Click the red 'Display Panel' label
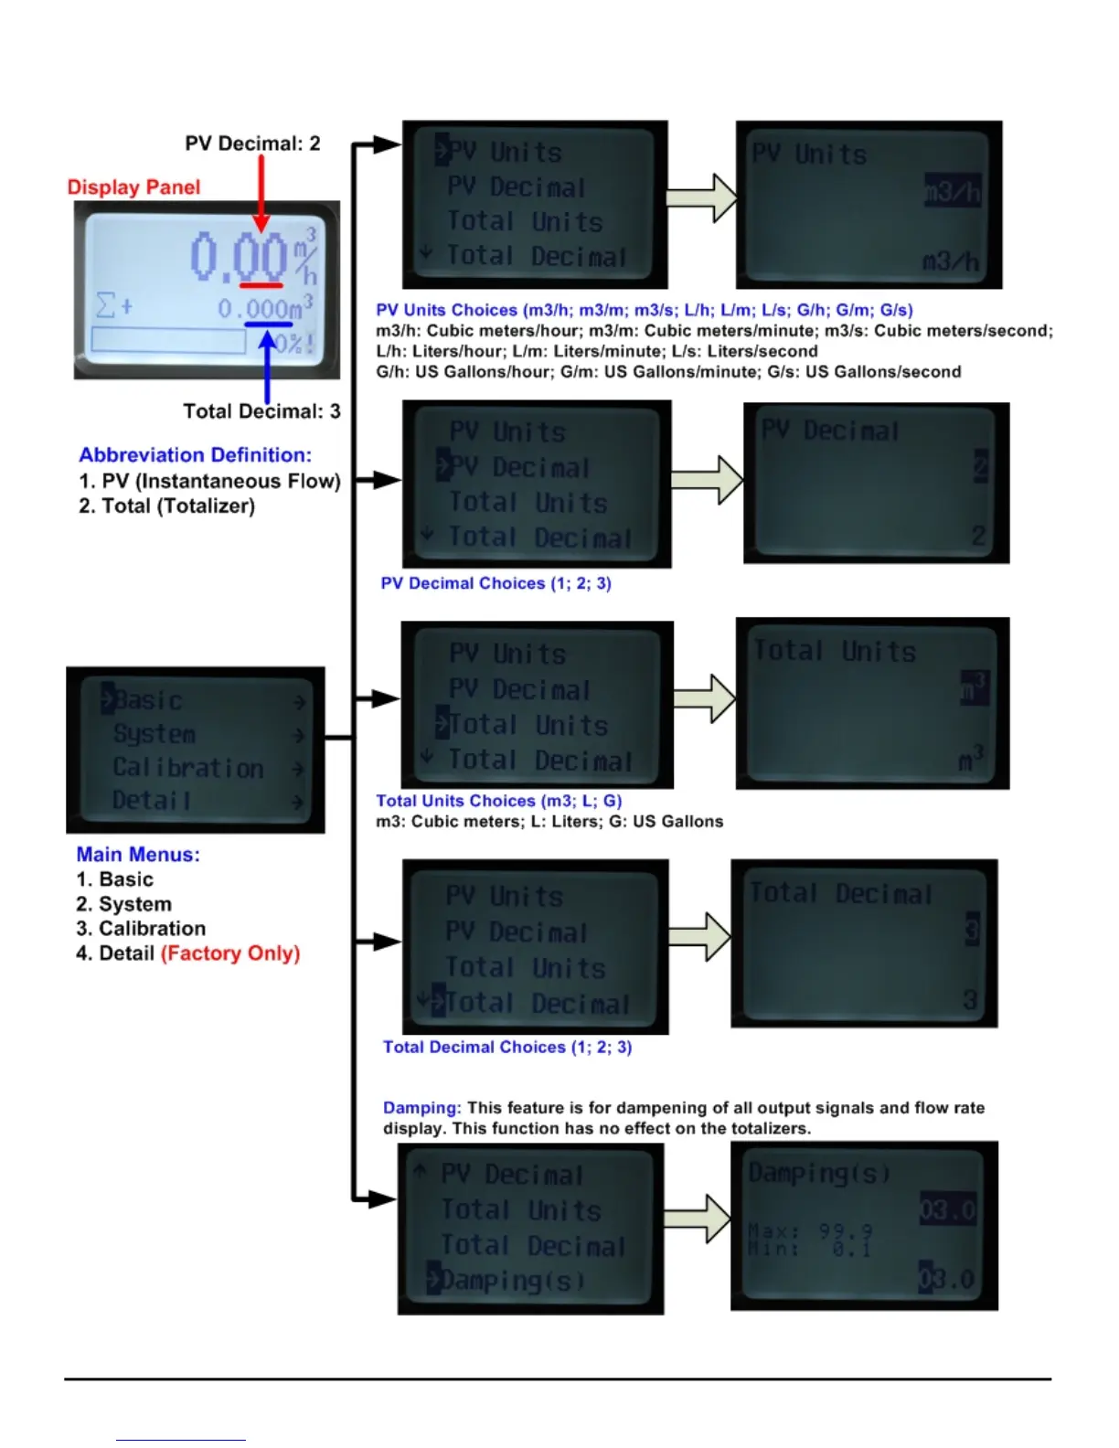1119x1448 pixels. (x=133, y=187)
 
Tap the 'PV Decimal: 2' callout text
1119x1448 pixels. (x=252, y=144)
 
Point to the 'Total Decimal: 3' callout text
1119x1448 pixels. (x=261, y=411)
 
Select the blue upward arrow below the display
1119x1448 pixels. (x=267, y=366)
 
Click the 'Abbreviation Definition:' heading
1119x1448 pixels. (x=195, y=455)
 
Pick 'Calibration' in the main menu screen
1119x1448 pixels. (x=188, y=768)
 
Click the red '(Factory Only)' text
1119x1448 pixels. (x=230, y=953)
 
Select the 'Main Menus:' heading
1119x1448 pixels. (x=138, y=855)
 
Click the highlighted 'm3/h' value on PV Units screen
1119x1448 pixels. (x=953, y=192)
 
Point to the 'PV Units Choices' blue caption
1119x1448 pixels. (x=645, y=310)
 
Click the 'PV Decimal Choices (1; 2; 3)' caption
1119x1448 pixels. (x=496, y=583)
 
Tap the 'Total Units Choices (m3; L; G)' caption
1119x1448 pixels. (x=499, y=801)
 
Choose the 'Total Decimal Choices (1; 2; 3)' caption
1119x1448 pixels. (x=507, y=1048)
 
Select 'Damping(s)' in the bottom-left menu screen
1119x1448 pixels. (x=510, y=1281)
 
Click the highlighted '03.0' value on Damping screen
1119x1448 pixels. (x=948, y=1210)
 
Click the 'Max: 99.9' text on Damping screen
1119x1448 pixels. (x=810, y=1231)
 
